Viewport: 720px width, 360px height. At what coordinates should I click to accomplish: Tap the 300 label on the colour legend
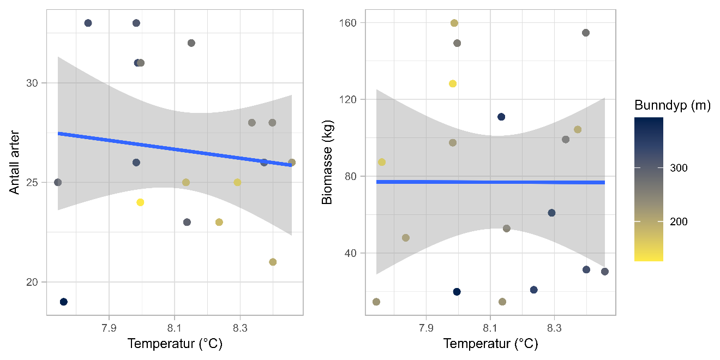679,168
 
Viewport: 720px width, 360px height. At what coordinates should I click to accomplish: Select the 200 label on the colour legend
679,221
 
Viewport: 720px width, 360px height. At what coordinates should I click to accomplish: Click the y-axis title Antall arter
15,162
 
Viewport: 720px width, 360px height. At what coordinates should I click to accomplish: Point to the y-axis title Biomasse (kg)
327,162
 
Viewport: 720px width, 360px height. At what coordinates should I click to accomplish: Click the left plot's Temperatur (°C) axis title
175,344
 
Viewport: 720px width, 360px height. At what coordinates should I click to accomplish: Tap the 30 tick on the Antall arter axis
33,83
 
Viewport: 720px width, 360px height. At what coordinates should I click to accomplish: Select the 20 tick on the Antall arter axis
33,282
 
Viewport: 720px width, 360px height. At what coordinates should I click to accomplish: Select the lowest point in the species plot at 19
63,302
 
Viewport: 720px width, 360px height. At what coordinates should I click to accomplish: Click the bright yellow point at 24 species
140,202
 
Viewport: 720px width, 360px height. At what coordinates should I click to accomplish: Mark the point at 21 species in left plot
273,262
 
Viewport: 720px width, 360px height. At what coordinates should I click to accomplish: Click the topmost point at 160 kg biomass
454,23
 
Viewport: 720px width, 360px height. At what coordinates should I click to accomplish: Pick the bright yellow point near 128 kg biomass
453,83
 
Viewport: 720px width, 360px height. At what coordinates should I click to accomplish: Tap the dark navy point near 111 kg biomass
501,117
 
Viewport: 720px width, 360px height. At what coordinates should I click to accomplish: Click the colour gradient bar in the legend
649,189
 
